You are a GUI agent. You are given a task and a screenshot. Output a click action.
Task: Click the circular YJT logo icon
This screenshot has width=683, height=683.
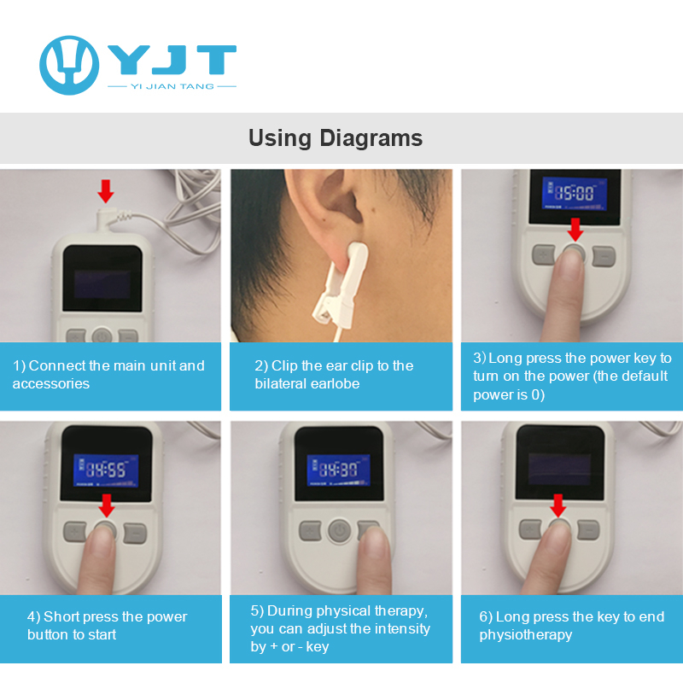pyautogui.click(x=69, y=65)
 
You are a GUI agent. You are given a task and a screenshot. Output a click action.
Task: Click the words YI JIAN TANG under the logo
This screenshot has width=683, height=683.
pyautogui.click(x=172, y=86)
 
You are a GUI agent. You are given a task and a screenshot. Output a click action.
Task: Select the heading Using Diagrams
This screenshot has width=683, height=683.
pyautogui.click(x=336, y=137)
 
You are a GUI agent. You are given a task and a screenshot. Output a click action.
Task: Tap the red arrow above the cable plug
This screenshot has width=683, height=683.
pyautogui.click(x=106, y=190)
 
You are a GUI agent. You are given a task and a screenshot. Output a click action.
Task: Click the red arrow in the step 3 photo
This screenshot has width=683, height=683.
pyautogui.click(x=575, y=228)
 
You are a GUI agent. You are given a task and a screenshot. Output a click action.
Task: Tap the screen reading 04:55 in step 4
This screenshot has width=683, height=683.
pyautogui.click(x=106, y=469)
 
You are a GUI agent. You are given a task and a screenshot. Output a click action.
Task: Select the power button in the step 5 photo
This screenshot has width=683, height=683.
pyautogui.click(x=339, y=530)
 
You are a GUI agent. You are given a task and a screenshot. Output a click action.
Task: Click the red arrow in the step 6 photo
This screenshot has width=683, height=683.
pyautogui.click(x=558, y=505)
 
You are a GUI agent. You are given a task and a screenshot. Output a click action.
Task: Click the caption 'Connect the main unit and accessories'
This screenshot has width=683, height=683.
pyautogui.click(x=108, y=375)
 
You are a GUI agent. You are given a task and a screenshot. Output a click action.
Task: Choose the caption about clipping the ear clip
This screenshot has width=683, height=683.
pyautogui.click(x=334, y=375)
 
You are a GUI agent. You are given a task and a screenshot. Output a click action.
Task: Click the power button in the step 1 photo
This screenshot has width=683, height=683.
pyautogui.click(x=102, y=336)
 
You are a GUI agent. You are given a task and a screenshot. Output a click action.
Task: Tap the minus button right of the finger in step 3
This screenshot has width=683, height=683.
pyautogui.click(x=604, y=254)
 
